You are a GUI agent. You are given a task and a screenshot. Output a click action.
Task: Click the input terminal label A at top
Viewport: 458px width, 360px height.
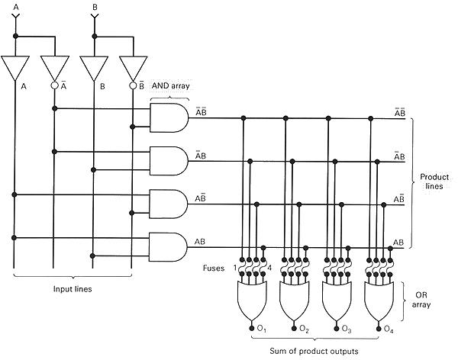point(15,6)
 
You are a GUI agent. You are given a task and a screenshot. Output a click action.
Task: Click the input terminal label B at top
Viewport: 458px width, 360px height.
point(94,6)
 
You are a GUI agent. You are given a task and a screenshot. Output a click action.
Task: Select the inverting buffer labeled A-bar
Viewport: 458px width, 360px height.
point(55,68)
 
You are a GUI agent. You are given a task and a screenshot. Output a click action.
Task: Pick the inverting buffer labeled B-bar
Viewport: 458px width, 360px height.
point(133,68)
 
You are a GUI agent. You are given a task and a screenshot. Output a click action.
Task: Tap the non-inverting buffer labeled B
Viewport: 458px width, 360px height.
point(94,68)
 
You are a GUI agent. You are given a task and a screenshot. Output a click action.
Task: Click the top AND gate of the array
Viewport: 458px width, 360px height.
point(169,117)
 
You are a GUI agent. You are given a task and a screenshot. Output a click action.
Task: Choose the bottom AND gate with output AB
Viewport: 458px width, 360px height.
point(169,247)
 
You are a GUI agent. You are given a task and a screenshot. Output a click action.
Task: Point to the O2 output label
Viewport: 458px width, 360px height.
point(304,329)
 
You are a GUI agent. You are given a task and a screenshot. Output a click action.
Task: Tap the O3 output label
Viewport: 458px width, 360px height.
point(347,329)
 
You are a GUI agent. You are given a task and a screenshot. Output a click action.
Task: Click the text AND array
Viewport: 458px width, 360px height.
point(169,86)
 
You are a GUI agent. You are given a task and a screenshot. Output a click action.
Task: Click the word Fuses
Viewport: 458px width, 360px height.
point(214,268)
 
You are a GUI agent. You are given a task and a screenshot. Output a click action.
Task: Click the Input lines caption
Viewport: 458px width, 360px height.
point(73,290)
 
